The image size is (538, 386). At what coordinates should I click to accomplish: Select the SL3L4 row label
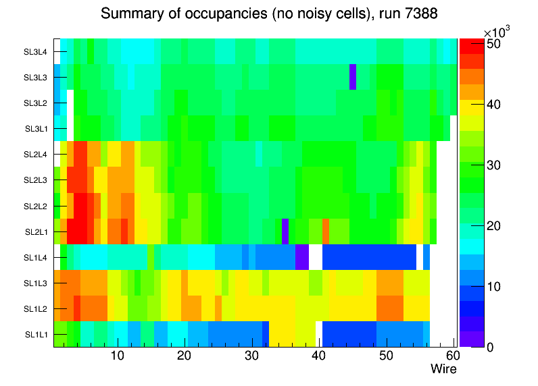[x=35, y=51]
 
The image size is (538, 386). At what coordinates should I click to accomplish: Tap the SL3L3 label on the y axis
[x=35, y=78]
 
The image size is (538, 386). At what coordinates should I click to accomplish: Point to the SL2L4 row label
[x=35, y=155]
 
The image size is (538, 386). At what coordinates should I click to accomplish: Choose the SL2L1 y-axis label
[x=35, y=231]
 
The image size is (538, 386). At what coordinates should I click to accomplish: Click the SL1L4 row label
[x=35, y=257]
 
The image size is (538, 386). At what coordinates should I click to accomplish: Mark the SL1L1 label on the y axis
[x=35, y=334]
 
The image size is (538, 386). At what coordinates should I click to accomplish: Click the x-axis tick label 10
[x=117, y=356]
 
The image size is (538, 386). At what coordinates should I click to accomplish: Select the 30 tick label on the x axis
[x=251, y=356]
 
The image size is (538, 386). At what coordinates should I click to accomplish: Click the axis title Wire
[x=443, y=369]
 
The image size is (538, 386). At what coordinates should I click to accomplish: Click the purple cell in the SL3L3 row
[x=352, y=77]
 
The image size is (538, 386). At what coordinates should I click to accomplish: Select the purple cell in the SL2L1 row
[x=285, y=231]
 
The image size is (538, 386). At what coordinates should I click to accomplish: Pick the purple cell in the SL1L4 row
[x=302, y=257]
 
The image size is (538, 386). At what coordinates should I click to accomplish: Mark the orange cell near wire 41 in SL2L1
[x=326, y=231]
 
